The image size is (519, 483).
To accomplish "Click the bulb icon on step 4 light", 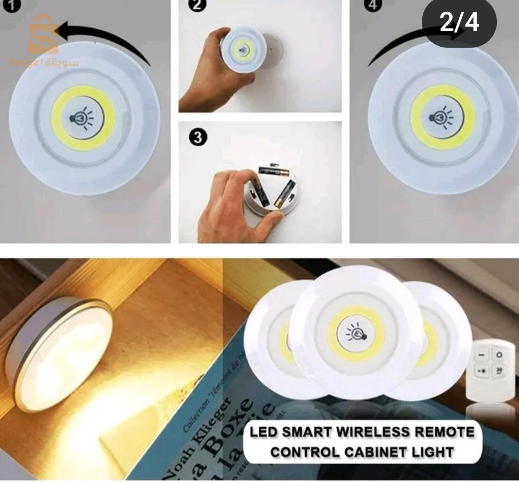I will click(x=442, y=117).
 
